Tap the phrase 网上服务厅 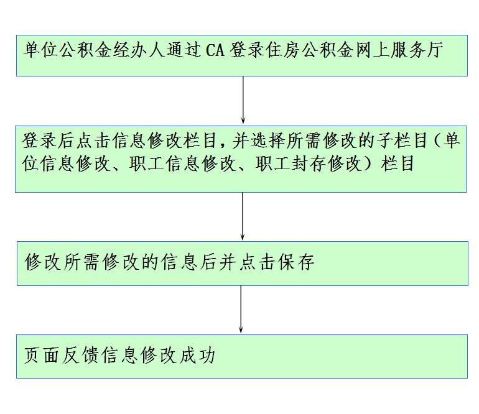pyautogui.click(x=399, y=50)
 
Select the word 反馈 pyautogui.click(x=78, y=356)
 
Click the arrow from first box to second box pyautogui.click(x=243, y=99)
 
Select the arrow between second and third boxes pyautogui.click(x=243, y=216)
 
